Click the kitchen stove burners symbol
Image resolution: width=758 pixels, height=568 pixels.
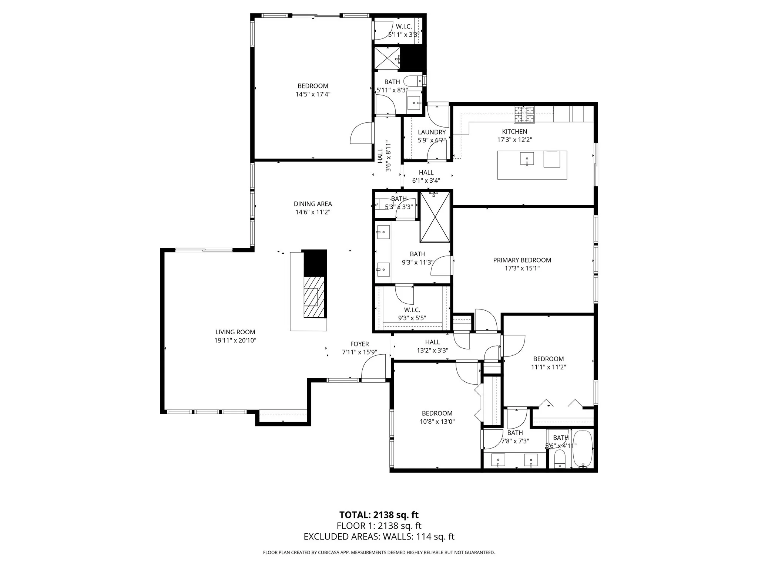coord(524,114)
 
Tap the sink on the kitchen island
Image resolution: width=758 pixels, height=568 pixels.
coord(527,159)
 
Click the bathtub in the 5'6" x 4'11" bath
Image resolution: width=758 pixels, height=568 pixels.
coord(583,450)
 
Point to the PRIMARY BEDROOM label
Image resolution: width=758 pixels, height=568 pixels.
coord(522,260)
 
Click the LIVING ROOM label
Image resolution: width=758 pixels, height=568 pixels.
coord(235,332)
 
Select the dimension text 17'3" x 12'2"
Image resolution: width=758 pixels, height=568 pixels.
coord(514,140)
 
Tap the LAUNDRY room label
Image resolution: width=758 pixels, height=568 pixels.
coord(432,132)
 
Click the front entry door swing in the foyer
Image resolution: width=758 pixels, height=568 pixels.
coord(373,368)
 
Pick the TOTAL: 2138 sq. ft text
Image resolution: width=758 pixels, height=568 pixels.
coord(379,515)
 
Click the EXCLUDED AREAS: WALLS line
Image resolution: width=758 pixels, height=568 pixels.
coord(379,537)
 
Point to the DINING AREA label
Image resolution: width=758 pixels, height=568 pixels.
coord(313,204)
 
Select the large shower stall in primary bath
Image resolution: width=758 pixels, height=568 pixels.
coord(436,217)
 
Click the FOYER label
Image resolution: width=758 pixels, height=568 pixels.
coord(359,344)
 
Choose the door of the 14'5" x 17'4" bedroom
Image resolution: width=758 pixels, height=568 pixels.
coord(362,133)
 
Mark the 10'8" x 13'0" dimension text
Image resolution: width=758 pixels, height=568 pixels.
coord(437,422)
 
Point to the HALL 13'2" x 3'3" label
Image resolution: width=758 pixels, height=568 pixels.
coord(432,346)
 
